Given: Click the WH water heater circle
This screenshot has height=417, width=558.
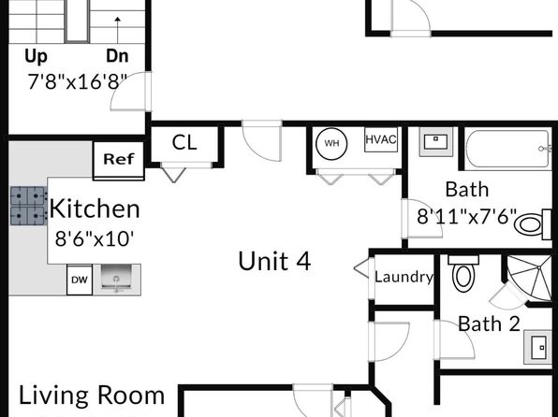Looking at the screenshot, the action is click(331, 143).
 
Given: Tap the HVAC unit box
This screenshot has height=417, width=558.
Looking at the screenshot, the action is click(381, 139).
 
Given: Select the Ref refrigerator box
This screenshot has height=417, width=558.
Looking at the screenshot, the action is click(119, 160).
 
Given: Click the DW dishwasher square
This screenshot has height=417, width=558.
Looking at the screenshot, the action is click(80, 280).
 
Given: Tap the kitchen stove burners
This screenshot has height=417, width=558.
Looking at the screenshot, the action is click(28, 206).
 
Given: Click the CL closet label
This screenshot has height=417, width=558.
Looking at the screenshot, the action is click(184, 142).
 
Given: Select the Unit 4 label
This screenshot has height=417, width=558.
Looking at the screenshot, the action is click(274, 261).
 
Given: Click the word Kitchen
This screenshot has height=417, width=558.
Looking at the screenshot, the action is click(95, 208).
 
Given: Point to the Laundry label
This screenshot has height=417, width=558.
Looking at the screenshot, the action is click(404, 277).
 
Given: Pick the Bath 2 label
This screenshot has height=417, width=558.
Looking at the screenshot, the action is click(489, 324).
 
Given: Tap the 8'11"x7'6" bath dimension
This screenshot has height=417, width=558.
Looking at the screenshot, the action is click(466, 216).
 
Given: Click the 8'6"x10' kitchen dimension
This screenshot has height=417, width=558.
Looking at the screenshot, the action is click(95, 238).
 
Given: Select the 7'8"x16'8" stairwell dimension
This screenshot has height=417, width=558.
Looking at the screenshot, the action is click(78, 81).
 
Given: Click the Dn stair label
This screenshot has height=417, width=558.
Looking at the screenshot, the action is click(117, 56).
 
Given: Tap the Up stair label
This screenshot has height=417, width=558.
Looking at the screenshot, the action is click(36, 57).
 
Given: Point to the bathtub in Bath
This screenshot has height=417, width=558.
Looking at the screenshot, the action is click(508, 149).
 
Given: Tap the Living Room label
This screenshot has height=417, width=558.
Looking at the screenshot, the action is click(92, 395).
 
